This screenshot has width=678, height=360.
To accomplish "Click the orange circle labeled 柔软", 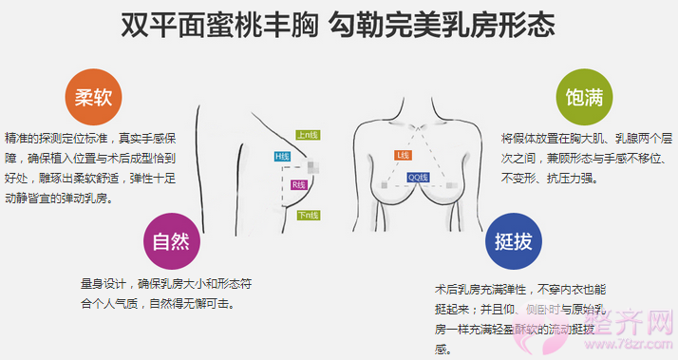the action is coord(93,97).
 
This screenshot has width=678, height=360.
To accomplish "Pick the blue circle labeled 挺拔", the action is coord(514,241).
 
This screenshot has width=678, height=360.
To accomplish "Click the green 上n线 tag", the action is coord(308,135).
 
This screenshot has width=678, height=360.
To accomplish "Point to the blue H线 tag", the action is coord(282,156).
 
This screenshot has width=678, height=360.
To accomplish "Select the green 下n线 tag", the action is coord(308,216).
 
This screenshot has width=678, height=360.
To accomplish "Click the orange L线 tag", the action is coord(402,155).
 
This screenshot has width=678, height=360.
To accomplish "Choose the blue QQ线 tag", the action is coord(418,177).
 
